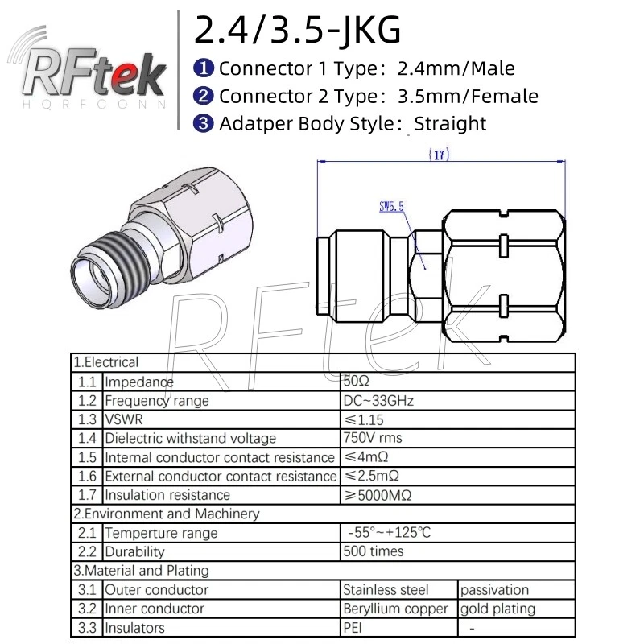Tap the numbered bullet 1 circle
point(204,68)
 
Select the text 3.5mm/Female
point(468,97)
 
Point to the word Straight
point(450,123)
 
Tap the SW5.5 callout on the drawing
point(391,207)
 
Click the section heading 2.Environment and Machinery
point(167,514)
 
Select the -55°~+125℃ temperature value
point(393,533)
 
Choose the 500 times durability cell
point(374,551)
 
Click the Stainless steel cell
point(386,590)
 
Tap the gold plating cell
point(497,609)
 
